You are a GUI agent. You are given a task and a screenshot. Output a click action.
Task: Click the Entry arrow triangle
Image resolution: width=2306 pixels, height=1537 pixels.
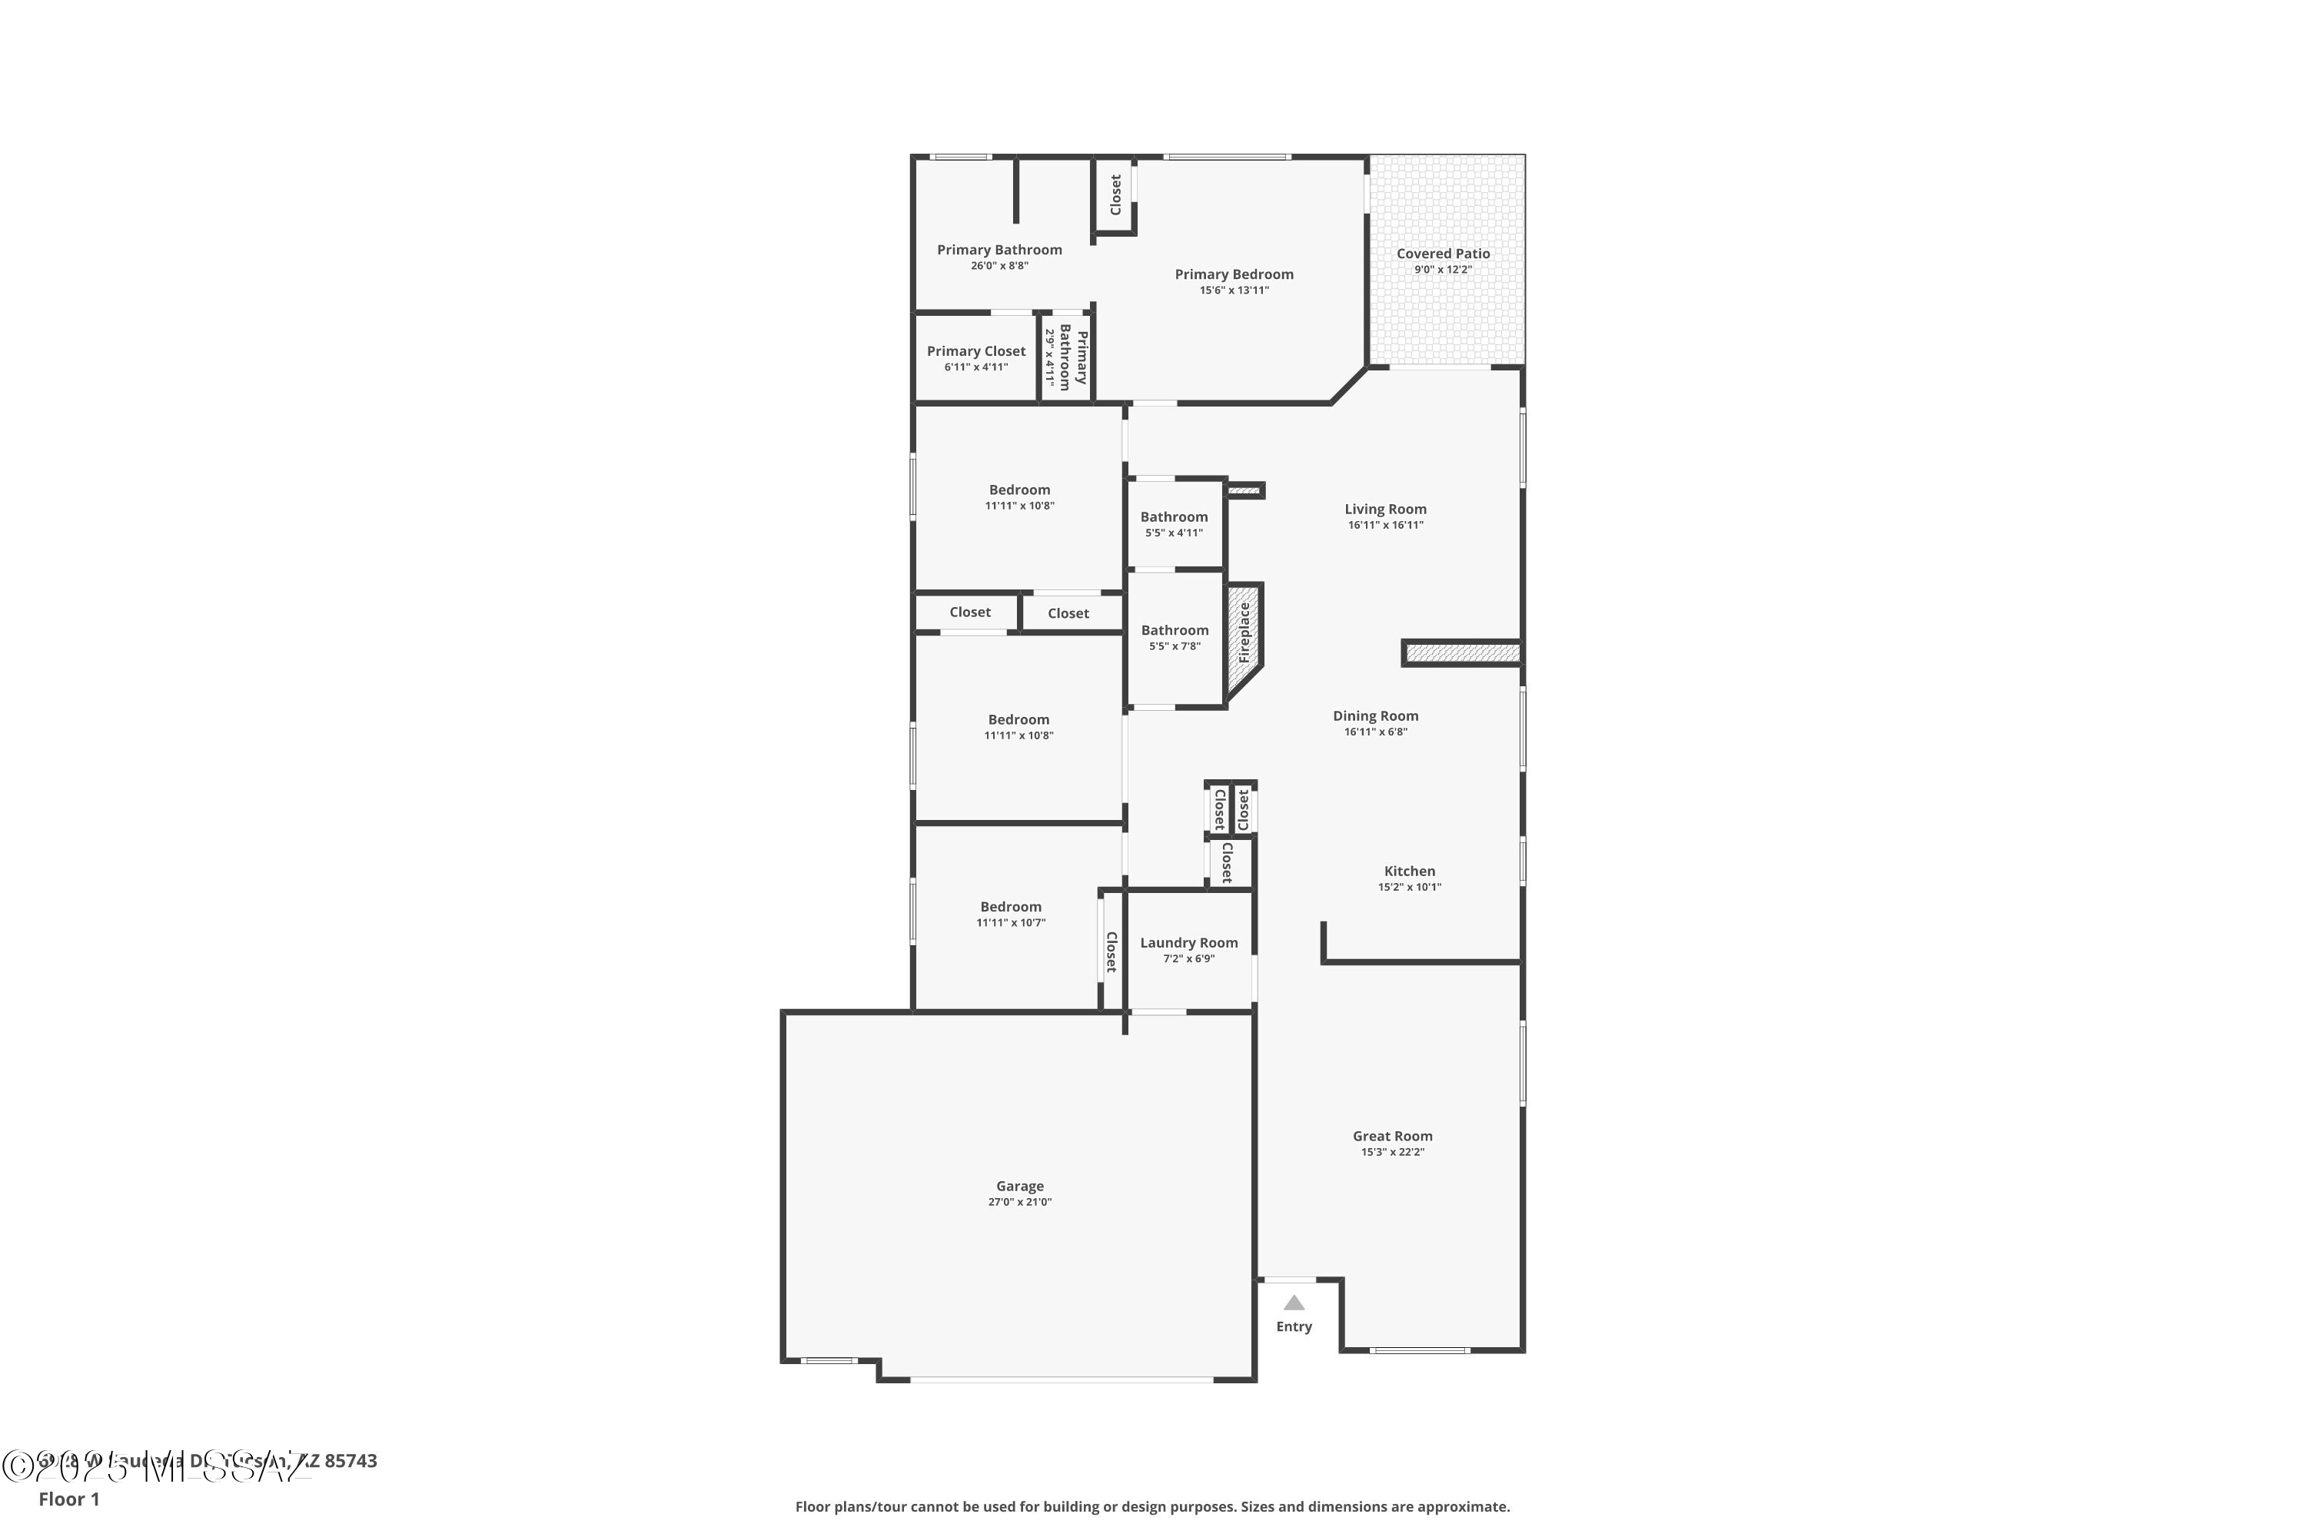pos(1294,1303)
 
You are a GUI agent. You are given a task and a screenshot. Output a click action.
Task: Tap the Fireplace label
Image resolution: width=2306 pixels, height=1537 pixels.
pos(1244,632)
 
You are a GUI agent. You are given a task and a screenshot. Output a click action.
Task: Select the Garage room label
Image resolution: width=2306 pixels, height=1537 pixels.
pos(1020,1186)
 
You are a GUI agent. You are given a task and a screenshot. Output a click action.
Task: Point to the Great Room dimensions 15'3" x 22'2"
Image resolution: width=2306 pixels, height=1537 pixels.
pos(1392,1152)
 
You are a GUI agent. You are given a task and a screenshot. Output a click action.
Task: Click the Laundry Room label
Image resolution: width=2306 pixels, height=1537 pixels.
pos(1188,943)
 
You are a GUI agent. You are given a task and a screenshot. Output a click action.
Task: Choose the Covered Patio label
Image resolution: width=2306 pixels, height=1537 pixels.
pos(1444,254)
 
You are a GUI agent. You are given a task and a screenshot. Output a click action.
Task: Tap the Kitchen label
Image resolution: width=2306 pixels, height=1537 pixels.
pos(1410,871)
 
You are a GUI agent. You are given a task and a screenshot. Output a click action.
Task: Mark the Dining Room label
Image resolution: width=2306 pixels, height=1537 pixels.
pos(1376,716)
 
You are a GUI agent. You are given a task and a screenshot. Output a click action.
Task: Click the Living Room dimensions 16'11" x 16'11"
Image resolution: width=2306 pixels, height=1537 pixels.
pos(1385,526)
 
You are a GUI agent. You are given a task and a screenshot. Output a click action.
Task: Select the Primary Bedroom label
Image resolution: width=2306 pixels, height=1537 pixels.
pos(1234,274)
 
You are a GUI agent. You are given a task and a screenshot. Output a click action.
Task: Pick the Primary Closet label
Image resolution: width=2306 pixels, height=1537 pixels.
pos(976,351)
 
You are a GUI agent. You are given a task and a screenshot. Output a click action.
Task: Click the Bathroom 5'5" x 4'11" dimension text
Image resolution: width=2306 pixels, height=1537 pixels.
pos(1174,533)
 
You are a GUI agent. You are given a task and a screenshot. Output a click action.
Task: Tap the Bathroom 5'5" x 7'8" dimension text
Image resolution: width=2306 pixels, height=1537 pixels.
pos(1175,647)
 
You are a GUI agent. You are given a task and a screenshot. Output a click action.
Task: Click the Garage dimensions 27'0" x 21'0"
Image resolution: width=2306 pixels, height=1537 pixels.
pos(1020,1202)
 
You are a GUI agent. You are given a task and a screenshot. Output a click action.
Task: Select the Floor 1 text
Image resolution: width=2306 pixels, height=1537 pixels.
pos(68,1499)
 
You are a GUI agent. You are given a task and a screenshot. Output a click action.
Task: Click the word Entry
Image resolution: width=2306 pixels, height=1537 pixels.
pos(1294,1327)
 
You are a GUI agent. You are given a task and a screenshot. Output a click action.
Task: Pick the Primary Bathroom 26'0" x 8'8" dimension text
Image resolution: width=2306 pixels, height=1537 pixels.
pos(999,266)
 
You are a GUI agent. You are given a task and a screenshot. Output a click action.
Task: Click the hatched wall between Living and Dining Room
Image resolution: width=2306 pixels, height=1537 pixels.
pos(1462,652)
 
